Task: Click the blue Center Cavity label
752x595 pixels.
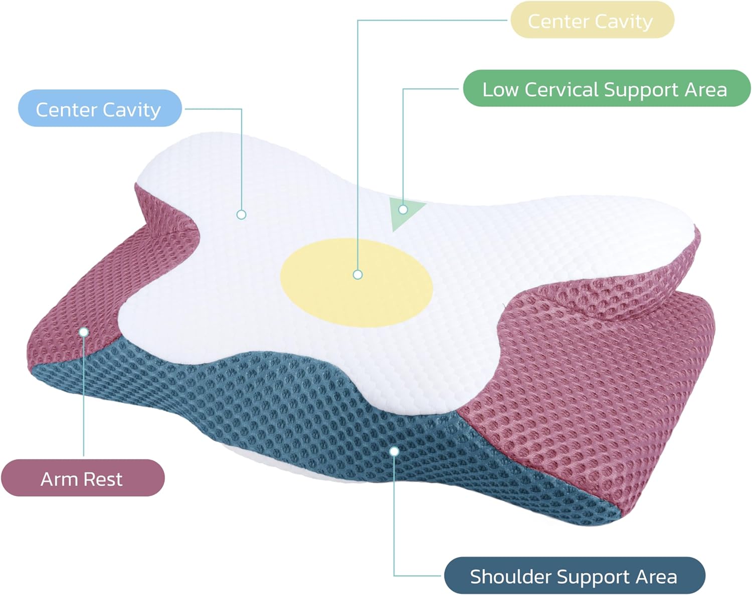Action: (99, 108)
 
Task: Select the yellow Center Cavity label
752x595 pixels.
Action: (592, 20)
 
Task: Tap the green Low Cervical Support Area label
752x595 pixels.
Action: (606, 89)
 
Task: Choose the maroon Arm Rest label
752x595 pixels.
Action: (82, 478)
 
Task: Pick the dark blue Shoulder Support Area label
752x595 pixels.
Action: (574, 575)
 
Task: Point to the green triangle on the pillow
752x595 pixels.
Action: (404, 213)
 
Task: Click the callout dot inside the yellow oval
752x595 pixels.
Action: (357, 274)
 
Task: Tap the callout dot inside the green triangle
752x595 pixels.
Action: (403, 209)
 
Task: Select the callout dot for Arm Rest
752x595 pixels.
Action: (84, 332)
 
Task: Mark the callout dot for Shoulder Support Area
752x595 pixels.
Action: (395, 452)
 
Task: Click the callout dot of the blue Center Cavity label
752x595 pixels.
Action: (241, 215)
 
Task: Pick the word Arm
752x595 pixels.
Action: (57, 479)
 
